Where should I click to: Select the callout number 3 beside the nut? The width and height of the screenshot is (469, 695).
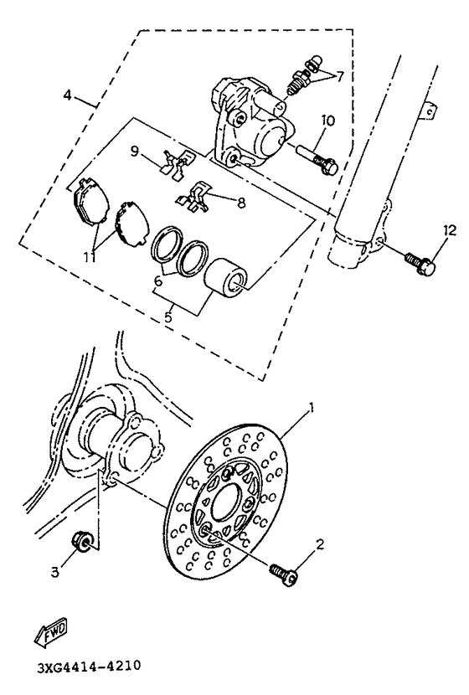[55, 572]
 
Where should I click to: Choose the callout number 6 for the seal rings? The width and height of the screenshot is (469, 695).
[157, 282]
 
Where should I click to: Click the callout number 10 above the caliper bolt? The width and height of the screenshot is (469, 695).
[327, 120]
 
